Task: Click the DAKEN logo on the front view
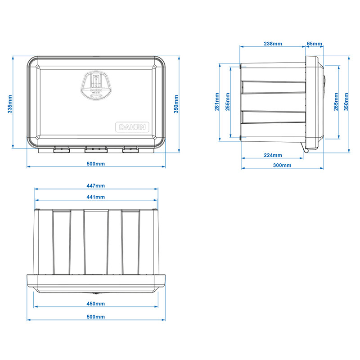tap(132, 127)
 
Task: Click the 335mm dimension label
tap(10, 103)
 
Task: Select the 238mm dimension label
tap(273, 44)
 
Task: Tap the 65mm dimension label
tap(314, 44)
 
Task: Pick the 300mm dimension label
tap(282, 165)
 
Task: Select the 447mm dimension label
tap(96, 185)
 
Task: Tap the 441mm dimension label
tap(96, 197)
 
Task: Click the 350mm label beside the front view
tap(176, 103)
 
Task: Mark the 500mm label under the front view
tap(96, 164)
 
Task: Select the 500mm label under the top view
tap(96, 317)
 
